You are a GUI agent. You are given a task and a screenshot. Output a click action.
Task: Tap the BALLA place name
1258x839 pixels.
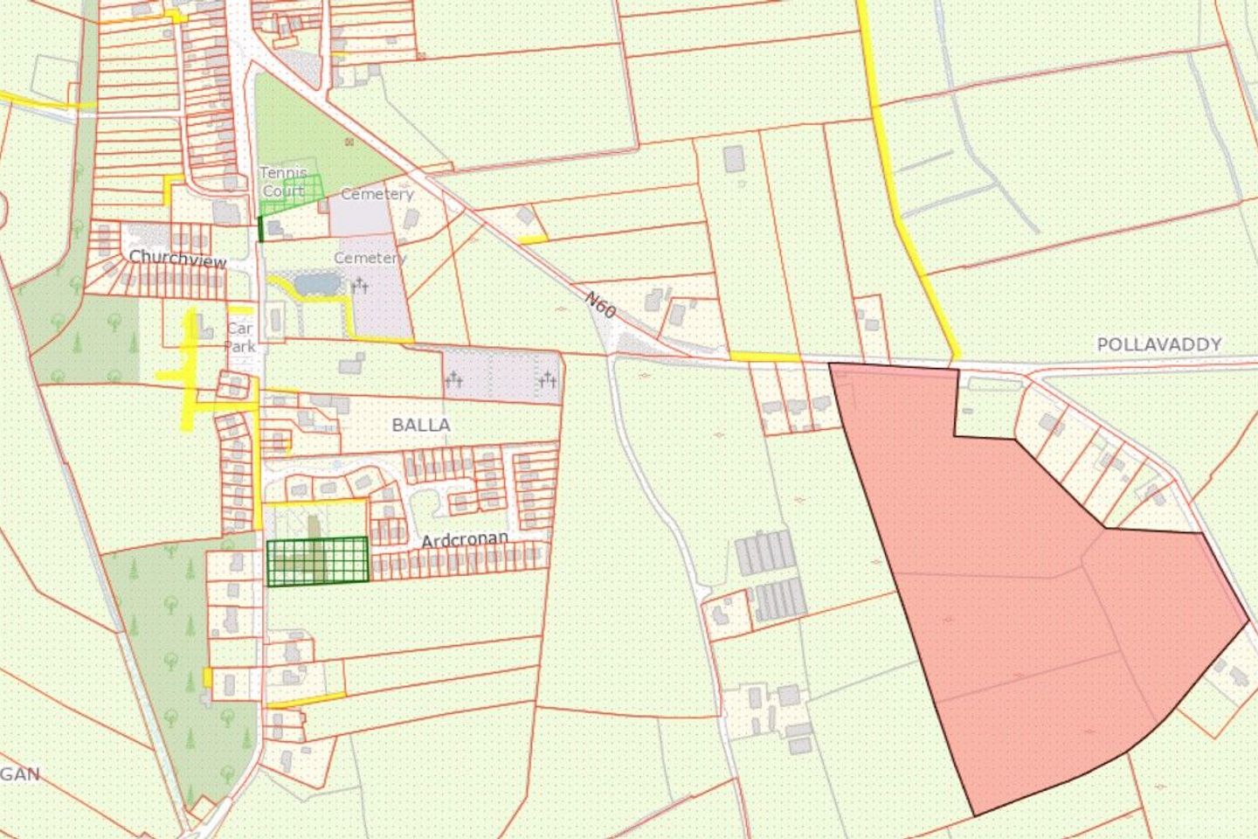click(421, 426)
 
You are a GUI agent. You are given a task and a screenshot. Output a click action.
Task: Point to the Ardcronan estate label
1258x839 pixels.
click(465, 540)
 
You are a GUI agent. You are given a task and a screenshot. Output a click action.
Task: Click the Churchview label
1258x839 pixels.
click(177, 259)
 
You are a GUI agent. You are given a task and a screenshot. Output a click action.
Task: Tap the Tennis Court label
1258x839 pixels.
click(283, 182)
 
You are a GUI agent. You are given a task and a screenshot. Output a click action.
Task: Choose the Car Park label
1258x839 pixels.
click(239, 337)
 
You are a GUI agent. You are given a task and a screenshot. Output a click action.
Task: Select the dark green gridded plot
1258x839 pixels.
click(316, 560)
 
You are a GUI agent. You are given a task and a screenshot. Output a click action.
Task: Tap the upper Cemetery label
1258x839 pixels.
click(377, 194)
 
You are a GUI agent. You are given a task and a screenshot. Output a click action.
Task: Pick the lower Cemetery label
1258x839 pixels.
click(370, 259)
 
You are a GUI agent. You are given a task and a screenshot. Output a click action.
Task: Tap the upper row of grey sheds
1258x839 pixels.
click(764, 552)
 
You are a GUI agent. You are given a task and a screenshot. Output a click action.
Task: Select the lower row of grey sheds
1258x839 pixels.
click(779, 599)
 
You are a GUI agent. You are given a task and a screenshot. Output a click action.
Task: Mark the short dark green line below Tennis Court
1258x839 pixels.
click(260, 229)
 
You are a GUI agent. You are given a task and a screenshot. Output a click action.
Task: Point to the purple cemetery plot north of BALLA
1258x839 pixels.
click(501, 377)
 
